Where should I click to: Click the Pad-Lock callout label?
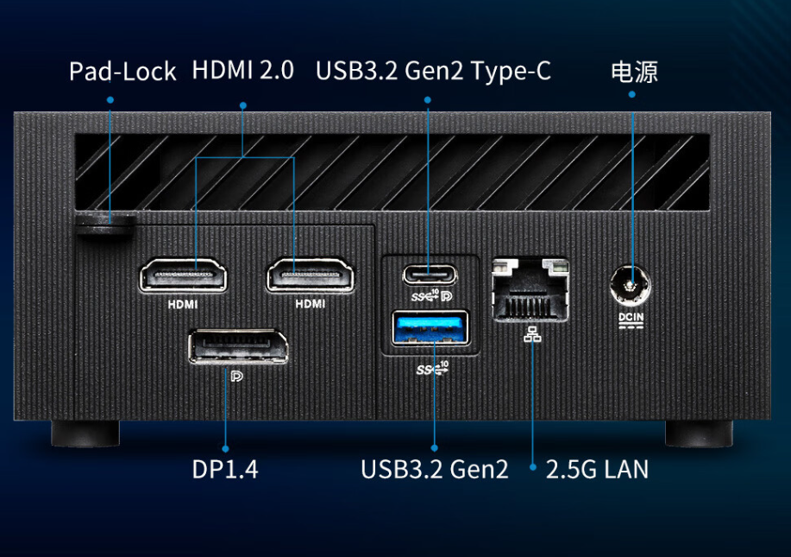click(122, 72)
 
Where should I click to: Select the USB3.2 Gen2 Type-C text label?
click(433, 71)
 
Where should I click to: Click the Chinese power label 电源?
click(634, 72)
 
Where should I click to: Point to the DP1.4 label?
click(225, 470)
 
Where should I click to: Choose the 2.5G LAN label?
click(597, 470)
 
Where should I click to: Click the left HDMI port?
click(183, 276)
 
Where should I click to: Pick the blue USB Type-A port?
click(431, 329)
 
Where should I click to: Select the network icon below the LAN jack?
click(530, 335)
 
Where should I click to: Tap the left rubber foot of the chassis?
click(85, 433)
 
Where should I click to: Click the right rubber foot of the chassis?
click(699, 433)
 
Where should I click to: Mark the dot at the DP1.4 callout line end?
click(225, 449)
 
